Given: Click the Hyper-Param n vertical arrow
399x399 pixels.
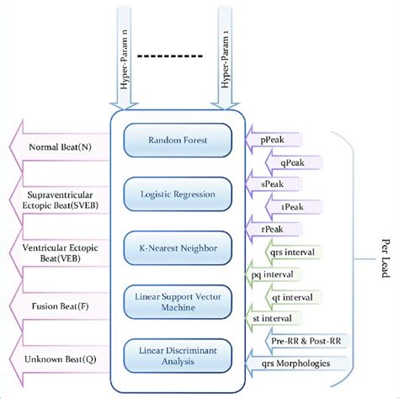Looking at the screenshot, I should tap(121, 63).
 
